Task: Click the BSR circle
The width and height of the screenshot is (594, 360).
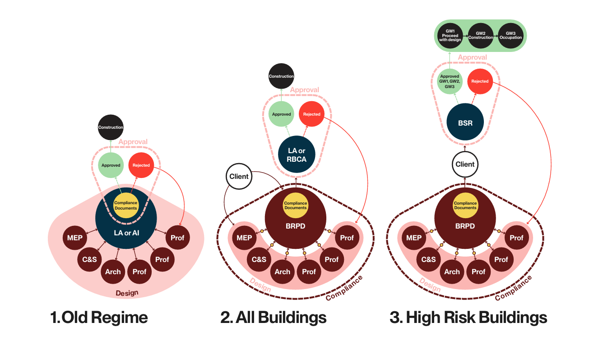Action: point(465,122)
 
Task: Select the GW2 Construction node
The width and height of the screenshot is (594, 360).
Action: point(480,35)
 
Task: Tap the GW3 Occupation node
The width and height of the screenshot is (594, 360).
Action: point(510,35)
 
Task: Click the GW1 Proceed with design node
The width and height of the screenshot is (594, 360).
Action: point(450,35)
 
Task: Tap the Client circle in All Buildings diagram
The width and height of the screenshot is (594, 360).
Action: point(239,176)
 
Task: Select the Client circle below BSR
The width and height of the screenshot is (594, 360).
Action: point(465,164)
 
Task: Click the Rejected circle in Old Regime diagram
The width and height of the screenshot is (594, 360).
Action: point(141,165)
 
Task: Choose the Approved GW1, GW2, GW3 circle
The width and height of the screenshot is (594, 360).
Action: point(450,82)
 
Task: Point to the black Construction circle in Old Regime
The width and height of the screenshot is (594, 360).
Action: point(111,127)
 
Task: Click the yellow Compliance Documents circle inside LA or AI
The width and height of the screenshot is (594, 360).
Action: point(126,206)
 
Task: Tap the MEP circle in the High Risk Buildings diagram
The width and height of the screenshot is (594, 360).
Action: point(414,238)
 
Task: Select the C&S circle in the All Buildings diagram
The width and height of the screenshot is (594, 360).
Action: point(259,259)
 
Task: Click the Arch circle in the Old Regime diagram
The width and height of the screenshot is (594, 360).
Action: point(113,271)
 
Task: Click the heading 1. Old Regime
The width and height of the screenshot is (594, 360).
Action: point(99,318)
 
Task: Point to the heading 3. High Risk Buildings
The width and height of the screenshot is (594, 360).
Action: point(468,318)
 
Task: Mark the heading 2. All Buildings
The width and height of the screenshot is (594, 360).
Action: point(274,318)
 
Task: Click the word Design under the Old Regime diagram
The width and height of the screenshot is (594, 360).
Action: point(127,293)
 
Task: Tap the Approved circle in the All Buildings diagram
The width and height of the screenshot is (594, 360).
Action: point(281,114)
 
